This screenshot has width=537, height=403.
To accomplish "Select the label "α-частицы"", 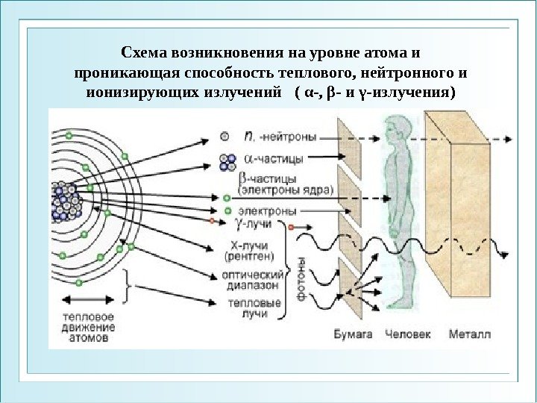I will coord(277,159).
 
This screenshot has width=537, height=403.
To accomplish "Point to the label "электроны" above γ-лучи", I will coord(264,210).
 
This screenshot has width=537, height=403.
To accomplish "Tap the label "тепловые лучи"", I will coord(256,308).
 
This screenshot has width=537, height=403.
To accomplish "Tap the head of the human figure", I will coord(397,129).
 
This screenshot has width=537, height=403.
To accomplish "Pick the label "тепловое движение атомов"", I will coord(89,326).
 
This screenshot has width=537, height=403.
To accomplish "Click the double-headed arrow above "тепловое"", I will coord(89,301).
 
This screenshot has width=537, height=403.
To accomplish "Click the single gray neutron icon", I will coord(224,137).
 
